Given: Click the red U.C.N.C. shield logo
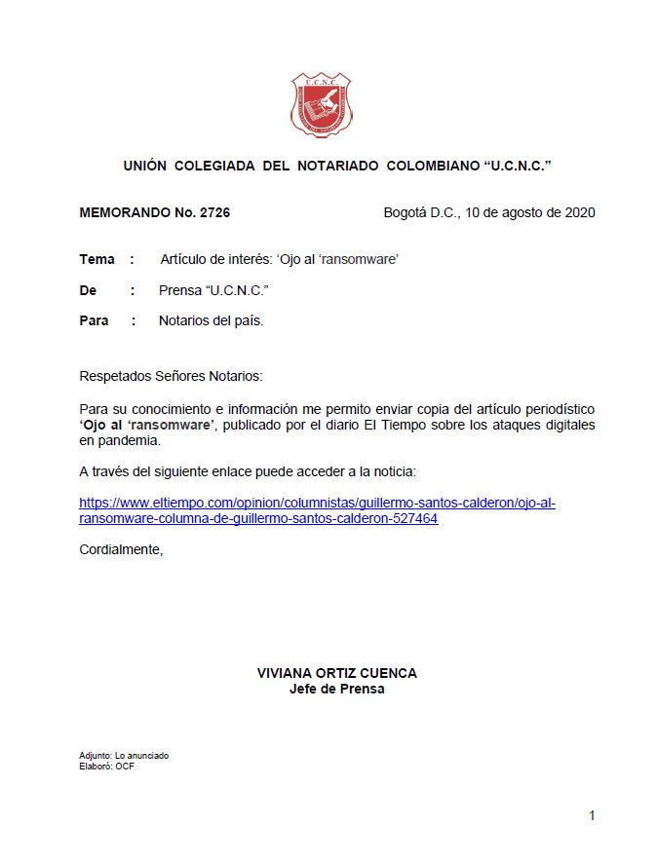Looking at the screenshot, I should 321,106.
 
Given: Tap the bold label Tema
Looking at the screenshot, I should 97,260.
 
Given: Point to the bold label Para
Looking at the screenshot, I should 94,320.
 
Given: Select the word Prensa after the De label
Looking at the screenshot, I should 179,290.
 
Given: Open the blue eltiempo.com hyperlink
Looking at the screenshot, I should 317,510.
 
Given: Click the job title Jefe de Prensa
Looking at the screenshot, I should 336,689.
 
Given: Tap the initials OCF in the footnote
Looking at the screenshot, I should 125,766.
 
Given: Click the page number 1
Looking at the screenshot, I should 591,815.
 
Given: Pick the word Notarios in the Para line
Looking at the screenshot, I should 184,320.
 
